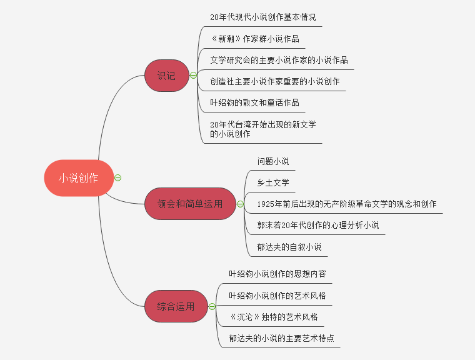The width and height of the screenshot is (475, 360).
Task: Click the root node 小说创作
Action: tap(79, 177)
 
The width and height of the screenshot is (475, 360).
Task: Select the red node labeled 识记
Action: tap(166, 76)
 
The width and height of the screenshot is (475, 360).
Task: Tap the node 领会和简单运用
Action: tap(190, 204)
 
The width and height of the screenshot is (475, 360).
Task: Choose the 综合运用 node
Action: tap(176, 306)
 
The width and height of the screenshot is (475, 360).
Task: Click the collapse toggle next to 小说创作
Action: tap(118, 177)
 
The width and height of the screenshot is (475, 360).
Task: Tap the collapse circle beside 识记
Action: tap(193, 76)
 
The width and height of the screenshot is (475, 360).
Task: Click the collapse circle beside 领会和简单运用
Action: tap(240, 204)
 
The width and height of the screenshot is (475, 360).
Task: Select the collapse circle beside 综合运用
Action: tap(212, 306)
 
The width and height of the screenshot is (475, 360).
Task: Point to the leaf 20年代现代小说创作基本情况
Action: tap(259, 17)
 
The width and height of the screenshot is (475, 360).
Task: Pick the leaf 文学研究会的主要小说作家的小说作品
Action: tap(279, 60)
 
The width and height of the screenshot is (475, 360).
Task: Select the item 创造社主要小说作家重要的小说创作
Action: tap(274, 81)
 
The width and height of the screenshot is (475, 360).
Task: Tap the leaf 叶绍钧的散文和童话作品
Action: tap(254, 102)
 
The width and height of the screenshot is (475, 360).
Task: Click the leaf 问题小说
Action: tap(273, 161)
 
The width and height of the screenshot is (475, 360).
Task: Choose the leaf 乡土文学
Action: tap(273, 182)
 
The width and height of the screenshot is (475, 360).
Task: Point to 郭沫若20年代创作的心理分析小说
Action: tap(317, 225)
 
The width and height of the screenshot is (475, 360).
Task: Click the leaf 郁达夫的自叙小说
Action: tap(289, 247)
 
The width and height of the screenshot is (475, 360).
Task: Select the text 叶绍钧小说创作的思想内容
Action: tap(277, 274)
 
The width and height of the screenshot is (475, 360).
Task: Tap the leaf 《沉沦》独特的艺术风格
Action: tap(273, 317)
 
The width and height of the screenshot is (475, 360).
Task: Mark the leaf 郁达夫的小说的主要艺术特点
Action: tap(281, 338)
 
